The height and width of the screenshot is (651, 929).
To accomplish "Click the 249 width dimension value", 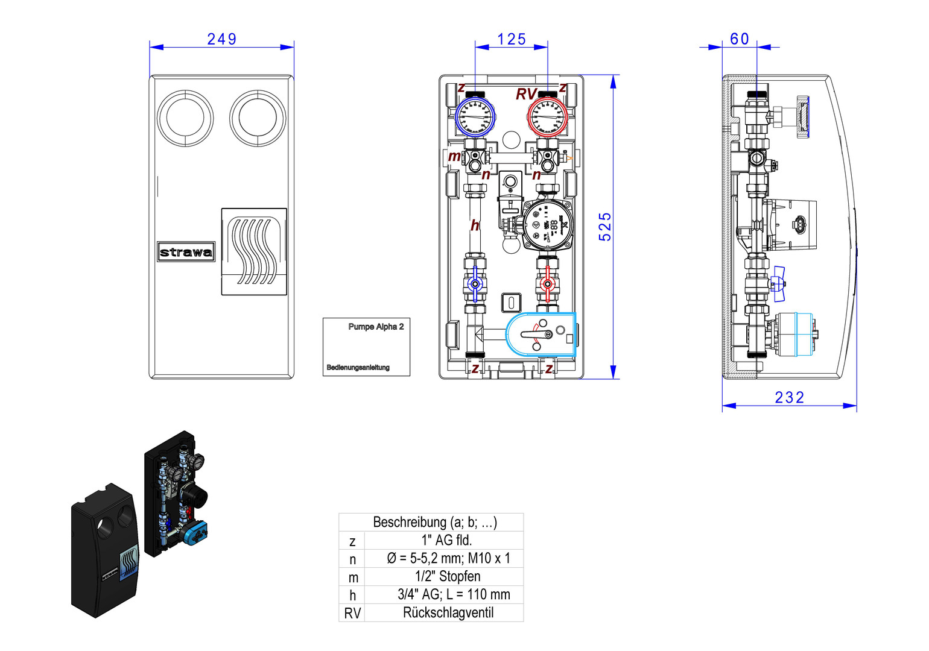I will tap(221, 39).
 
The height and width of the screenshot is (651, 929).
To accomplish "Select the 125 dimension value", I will tap(512, 39).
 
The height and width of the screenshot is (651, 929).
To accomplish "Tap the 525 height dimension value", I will tap(605, 227).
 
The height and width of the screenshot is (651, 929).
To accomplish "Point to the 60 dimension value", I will tap(740, 39).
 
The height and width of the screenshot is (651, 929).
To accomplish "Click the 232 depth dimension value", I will tap(789, 398).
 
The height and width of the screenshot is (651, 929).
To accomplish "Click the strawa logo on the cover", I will tap(186, 252).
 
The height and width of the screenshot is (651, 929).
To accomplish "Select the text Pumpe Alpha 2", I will tap(376, 327).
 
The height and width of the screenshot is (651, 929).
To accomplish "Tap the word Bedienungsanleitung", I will tap(358, 368).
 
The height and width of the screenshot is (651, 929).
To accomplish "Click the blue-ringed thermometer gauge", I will tap(475, 116).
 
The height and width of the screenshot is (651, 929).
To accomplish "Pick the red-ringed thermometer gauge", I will tap(548, 116).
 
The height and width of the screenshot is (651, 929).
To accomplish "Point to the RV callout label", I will tap(525, 95).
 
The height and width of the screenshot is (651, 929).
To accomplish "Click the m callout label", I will tap(454, 157).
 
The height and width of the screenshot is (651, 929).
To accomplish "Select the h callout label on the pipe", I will tap(475, 225).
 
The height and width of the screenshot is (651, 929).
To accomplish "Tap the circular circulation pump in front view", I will tap(547, 224).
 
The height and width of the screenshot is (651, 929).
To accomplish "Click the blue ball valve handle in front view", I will tap(475, 284).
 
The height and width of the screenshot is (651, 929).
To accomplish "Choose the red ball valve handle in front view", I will tap(547, 284).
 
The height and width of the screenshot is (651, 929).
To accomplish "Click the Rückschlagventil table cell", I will tap(448, 613).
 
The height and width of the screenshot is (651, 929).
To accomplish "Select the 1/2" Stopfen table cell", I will tap(448, 577).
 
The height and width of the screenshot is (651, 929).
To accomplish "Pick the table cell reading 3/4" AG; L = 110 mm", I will tap(454, 595).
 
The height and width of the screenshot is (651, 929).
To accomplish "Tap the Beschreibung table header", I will tap(434, 522).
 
